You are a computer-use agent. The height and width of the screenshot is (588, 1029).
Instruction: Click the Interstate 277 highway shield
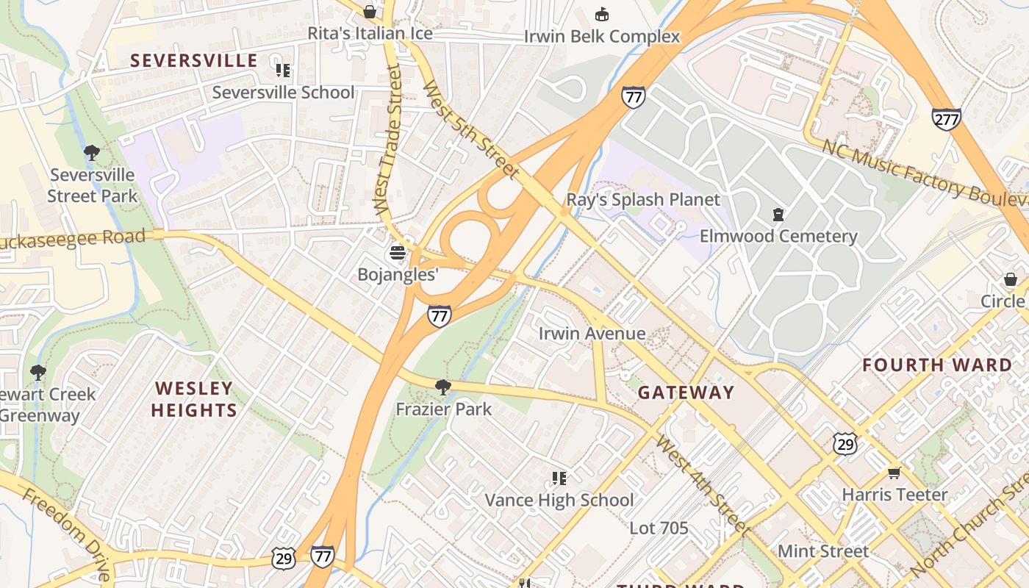946,119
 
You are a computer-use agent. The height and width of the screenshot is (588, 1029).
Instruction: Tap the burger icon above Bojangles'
398,254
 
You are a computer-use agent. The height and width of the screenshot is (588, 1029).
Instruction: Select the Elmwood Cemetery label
778,236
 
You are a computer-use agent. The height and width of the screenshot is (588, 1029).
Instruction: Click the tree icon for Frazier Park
442,387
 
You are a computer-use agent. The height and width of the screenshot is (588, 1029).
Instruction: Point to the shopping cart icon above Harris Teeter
894,473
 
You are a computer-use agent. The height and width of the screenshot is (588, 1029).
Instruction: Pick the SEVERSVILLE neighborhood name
194,60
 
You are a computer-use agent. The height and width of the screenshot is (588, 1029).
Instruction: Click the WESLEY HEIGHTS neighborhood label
194,399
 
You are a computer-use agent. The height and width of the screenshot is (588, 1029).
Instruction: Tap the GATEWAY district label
686,392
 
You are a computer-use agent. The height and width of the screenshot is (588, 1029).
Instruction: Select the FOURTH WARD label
937,365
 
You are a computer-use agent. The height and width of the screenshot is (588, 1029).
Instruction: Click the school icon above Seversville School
283,71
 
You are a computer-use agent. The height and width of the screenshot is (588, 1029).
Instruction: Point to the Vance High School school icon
559,479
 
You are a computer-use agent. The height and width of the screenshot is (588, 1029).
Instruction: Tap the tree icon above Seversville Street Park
92,153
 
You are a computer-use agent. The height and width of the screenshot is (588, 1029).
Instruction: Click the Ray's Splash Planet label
643,200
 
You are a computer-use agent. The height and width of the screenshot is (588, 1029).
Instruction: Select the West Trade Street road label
387,140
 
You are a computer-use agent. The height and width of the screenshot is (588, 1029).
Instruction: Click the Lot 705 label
659,528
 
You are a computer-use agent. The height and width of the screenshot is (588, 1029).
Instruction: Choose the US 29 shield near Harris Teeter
845,443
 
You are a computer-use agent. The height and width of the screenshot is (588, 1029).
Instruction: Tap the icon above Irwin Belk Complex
602,14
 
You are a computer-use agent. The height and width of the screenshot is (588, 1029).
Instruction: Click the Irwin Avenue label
592,334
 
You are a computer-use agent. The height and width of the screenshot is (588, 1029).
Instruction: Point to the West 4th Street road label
703,485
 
